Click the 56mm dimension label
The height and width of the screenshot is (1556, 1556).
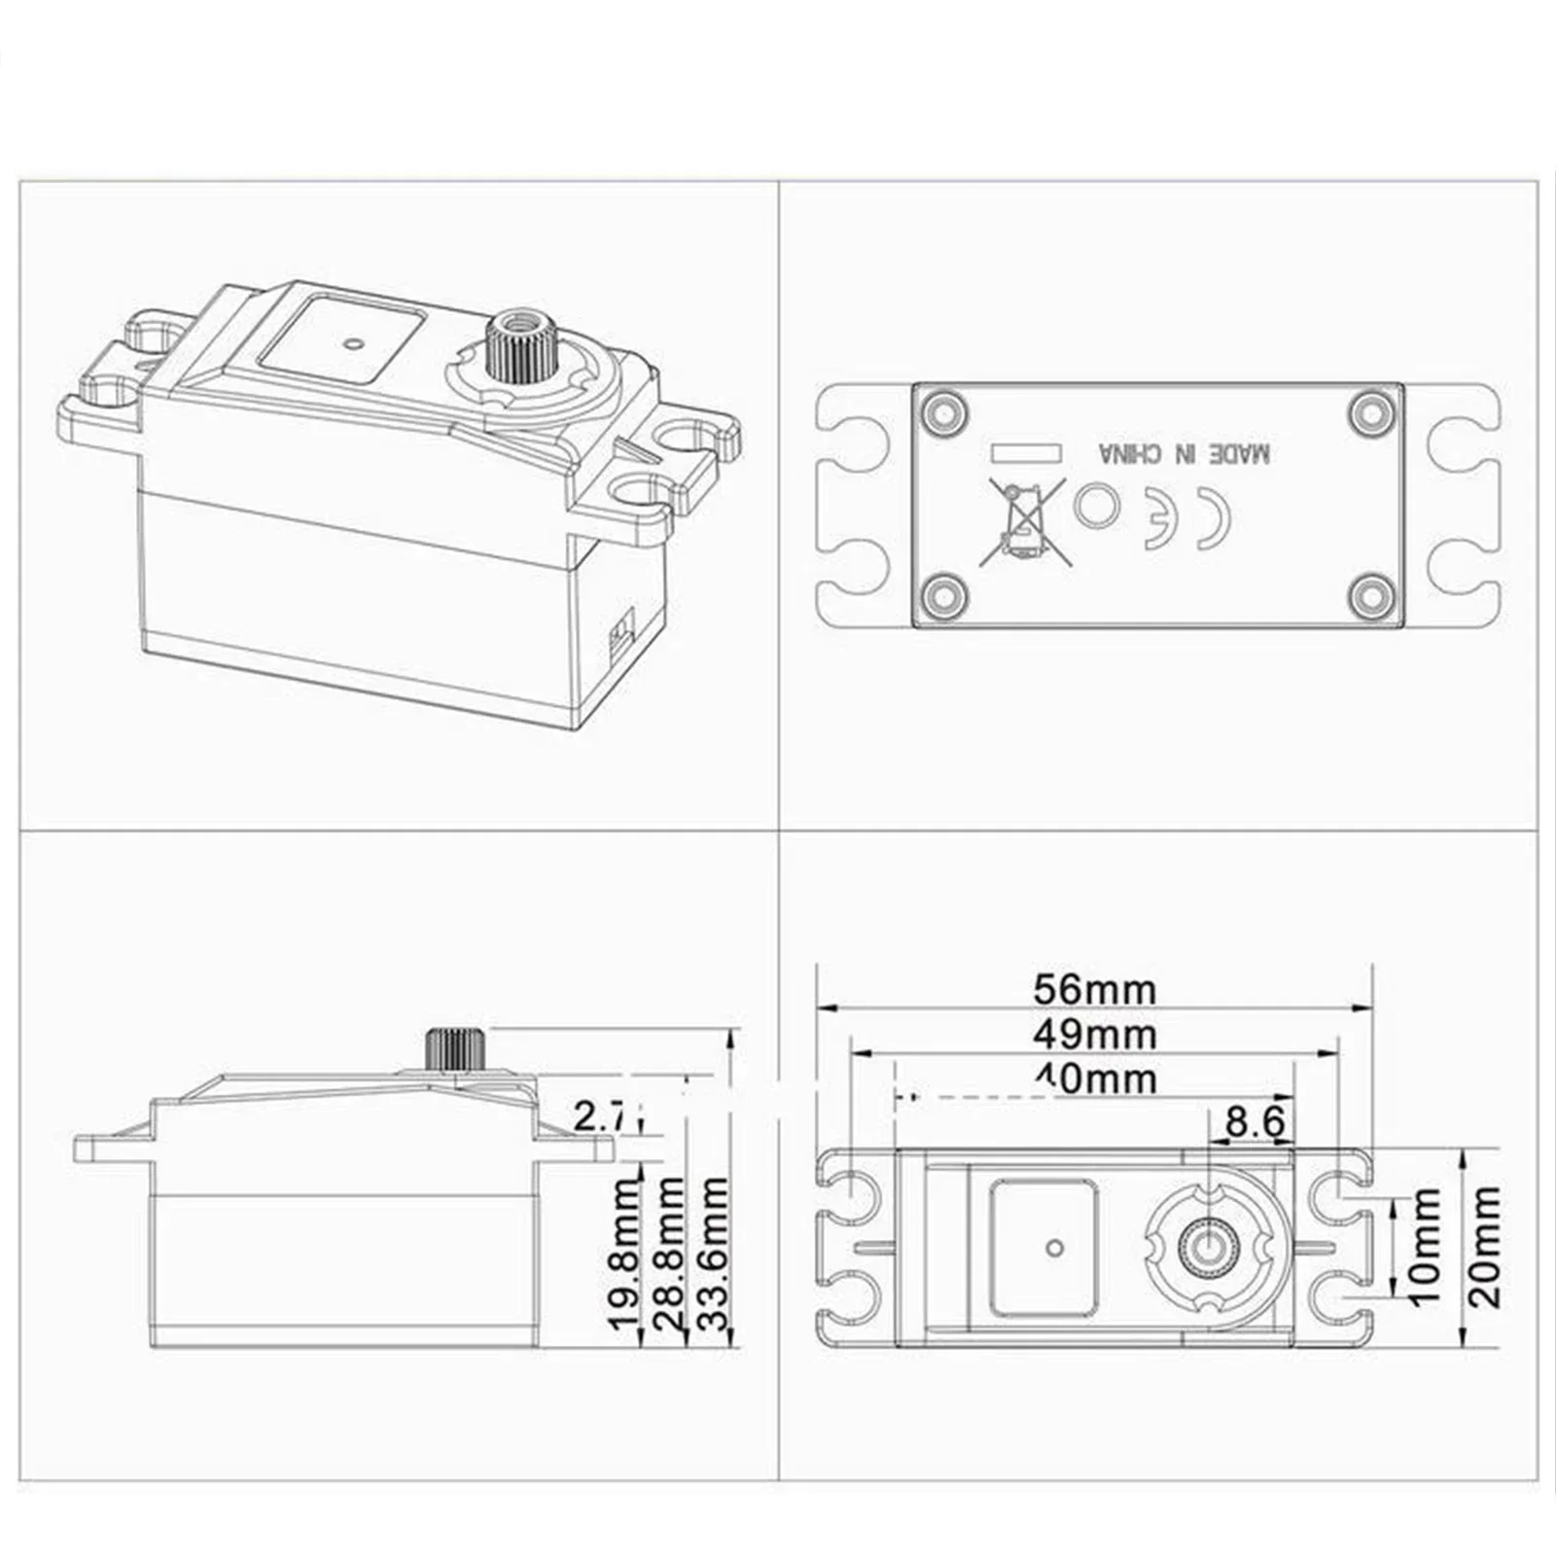(1095, 990)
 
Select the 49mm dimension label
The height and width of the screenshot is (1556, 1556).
(1095, 1034)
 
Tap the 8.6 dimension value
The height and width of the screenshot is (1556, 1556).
(1255, 1121)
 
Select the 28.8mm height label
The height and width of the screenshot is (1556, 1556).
(669, 1254)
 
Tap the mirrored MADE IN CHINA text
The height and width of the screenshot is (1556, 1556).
(1184, 453)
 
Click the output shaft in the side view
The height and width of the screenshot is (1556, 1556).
(452, 1049)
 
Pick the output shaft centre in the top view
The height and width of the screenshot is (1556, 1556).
(1209, 1247)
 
